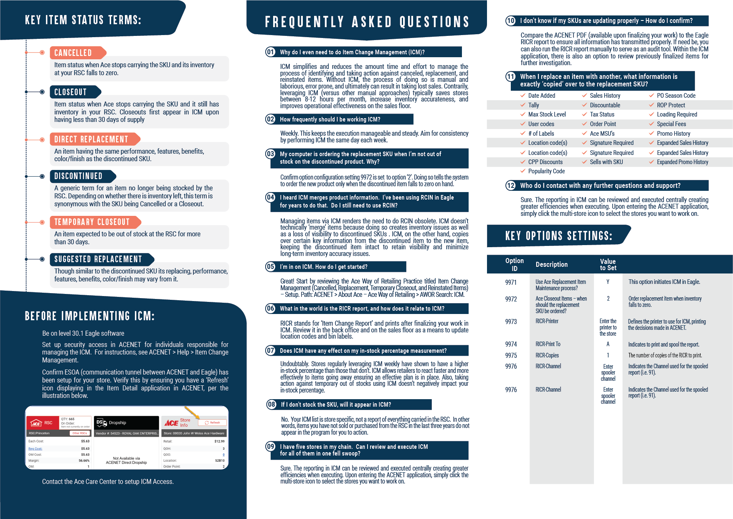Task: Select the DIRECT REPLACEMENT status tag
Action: [91, 139]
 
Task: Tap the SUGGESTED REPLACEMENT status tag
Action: [99, 259]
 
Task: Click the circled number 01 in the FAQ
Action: [271, 52]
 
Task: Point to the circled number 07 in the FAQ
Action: [271, 351]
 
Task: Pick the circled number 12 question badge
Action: [511, 185]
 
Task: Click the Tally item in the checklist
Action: [533, 105]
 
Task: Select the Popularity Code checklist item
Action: [546, 171]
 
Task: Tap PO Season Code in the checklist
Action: [676, 96]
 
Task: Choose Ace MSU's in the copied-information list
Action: [602, 134]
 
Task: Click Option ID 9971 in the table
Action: [511, 283]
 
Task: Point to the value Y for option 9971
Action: [608, 282]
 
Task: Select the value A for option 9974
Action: [608, 344]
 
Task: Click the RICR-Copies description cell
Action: [547, 355]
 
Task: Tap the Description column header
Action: [551, 265]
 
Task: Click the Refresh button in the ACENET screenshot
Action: [213, 423]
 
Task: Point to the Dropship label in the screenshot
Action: [117, 423]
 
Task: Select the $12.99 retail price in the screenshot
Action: [219, 441]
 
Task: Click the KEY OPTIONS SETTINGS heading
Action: [558, 236]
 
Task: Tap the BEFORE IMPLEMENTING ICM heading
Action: [90, 316]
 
